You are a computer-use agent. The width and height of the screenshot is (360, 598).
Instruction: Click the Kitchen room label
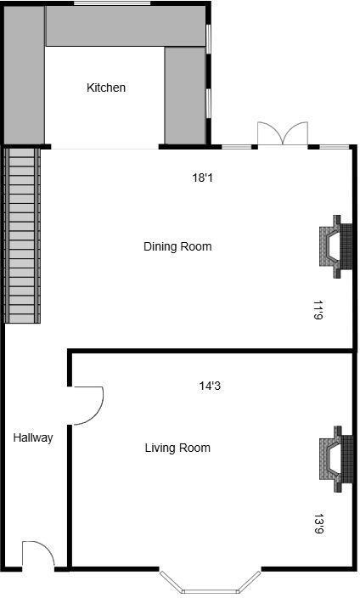tap(106, 87)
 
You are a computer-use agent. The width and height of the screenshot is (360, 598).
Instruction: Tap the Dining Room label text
tap(177, 246)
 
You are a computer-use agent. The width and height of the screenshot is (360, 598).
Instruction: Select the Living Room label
tap(177, 448)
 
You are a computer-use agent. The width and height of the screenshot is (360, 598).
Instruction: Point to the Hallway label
tap(33, 437)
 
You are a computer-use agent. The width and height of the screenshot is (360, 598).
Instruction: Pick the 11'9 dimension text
tap(318, 311)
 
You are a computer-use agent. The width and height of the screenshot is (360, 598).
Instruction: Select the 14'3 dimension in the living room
tap(210, 386)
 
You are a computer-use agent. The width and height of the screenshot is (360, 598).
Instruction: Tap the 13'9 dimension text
tap(318, 524)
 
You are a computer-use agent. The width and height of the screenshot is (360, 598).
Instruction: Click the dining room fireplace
tap(331, 246)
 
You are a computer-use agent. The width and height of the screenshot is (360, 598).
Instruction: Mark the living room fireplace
tap(331, 460)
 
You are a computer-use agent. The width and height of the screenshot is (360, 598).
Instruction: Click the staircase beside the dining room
tap(23, 235)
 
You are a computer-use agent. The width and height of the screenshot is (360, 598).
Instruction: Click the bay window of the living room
tap(209, 585)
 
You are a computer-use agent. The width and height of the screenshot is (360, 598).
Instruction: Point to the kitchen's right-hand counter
tap(184, 95)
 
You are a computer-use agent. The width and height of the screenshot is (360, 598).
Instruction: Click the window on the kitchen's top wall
tap(112, 4)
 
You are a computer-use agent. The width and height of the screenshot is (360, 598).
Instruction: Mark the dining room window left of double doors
tap(237, 148)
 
